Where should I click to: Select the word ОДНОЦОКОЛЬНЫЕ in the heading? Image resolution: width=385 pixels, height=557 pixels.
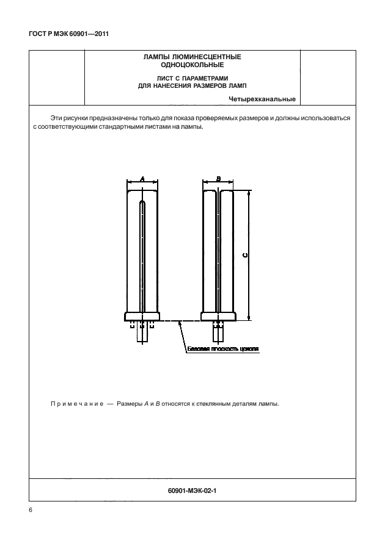(x=192, y=64)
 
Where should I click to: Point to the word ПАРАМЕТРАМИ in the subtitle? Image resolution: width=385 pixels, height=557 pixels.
(x=205, y=77)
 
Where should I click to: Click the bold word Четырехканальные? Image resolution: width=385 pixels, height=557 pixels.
(x=262, y=99)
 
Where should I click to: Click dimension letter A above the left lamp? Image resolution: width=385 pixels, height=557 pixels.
(x=142, y=179)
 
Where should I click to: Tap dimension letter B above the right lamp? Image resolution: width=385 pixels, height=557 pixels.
(x=218, y=179)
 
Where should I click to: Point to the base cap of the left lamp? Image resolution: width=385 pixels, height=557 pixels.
(x=142, y=317)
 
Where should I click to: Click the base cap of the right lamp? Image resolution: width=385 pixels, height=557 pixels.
(x=218, y=317)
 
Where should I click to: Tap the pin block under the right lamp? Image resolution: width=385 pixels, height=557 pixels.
(x=218, y=331)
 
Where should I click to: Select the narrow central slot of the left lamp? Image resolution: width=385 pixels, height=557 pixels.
(x=142, y=256)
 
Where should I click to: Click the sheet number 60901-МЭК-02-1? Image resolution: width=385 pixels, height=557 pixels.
(x=191, y=489)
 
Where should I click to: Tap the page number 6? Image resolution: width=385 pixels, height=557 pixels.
(x=31, y=510)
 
